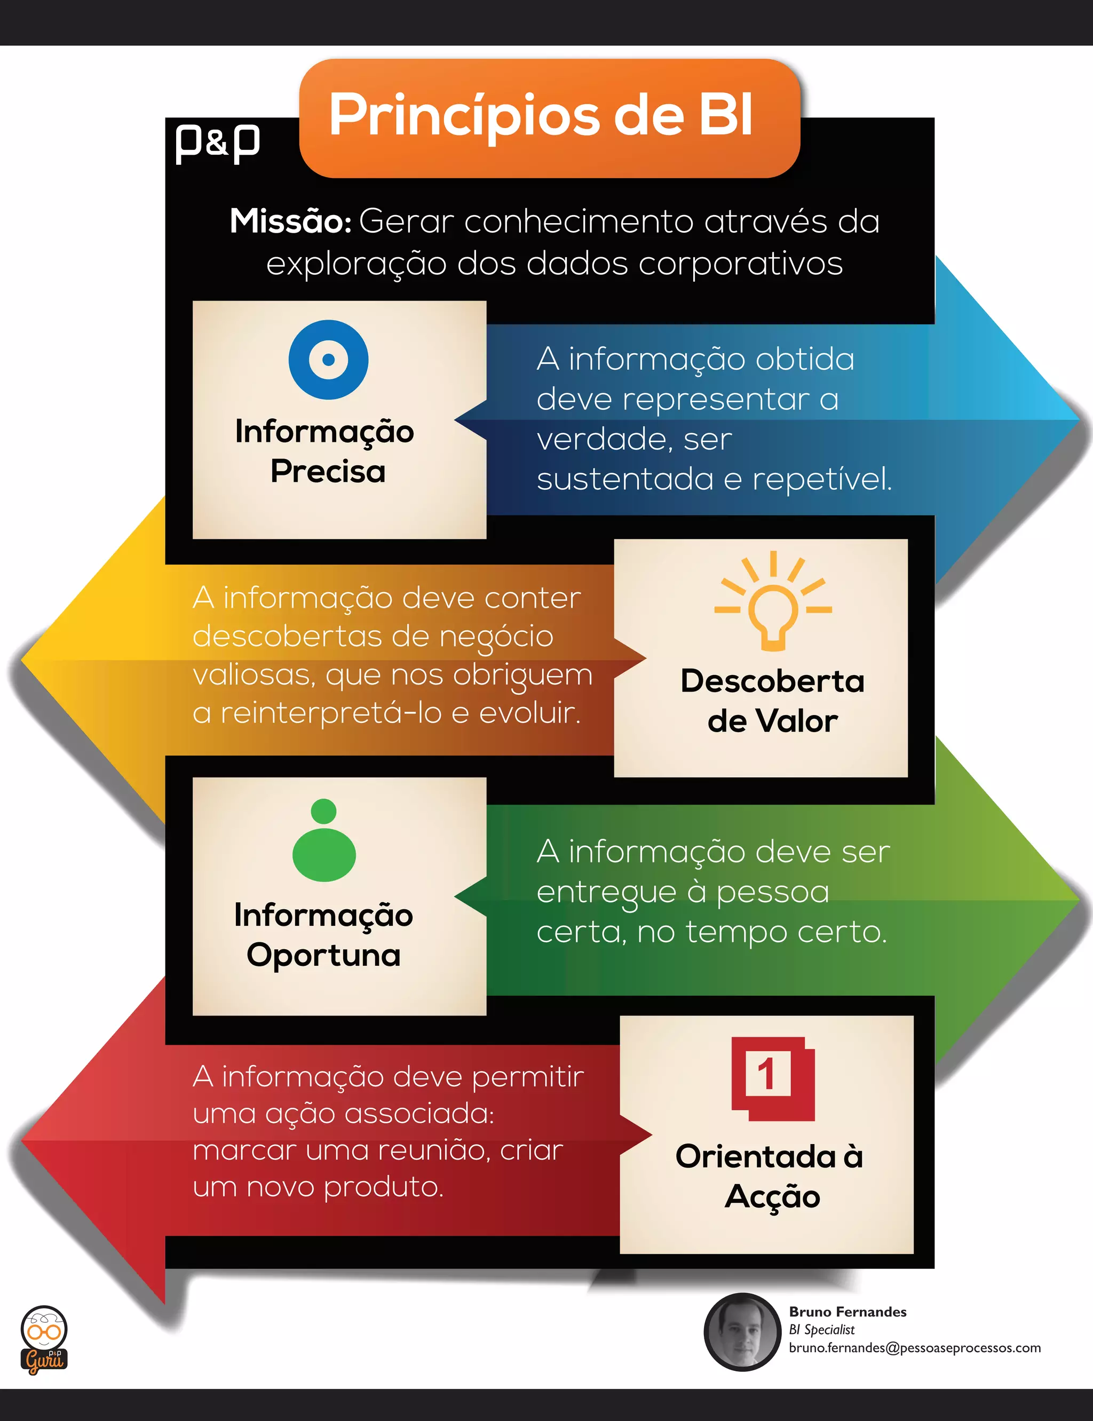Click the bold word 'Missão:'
290,222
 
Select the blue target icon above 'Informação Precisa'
329,360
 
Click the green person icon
324,841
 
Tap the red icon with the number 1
772,1078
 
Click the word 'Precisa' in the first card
328,472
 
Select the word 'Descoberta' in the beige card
772,681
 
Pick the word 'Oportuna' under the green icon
323,955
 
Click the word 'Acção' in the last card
772,1197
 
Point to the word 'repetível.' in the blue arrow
822,479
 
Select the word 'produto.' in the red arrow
383,1187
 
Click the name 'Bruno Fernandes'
847,1312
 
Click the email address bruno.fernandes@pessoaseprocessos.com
914,1348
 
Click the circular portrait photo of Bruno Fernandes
742,1332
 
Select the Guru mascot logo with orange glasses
44,1340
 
